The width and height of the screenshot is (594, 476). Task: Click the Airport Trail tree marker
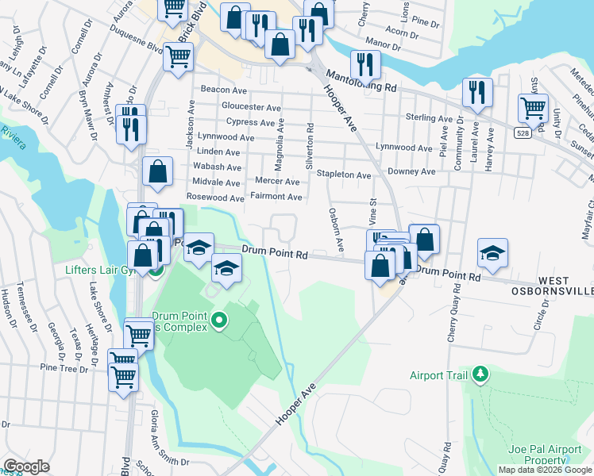pos(480,374)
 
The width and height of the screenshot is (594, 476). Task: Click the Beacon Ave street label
pos(226,90)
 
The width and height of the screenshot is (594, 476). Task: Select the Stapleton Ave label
pos(344,175)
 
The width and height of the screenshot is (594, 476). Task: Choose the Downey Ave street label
pos(411,171)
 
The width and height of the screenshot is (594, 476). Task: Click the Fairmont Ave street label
pos(276,197)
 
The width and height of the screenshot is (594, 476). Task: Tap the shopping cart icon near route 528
pos(533,108)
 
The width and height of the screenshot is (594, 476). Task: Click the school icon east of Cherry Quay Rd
pos(492,253)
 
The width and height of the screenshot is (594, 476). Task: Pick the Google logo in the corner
pos(26,467)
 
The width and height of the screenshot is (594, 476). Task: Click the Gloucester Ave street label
pos(251,107)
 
